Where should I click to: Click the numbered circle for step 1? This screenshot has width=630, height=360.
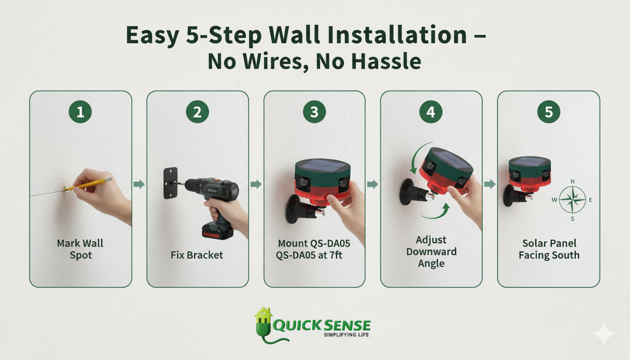coord(80,112)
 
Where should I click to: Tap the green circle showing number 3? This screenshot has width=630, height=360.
coord(314,112)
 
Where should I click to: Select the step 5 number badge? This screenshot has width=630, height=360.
coord(548,112)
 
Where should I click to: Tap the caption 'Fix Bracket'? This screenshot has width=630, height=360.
coord(197,255)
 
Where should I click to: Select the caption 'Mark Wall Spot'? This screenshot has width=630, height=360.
coord(80,249)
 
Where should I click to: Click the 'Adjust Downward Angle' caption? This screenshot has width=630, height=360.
coord(431,252)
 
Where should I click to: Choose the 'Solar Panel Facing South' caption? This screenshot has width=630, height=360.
coord(548,249)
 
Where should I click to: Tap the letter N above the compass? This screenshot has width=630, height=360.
coord(572,181)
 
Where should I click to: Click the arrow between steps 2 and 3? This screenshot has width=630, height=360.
coord(256,184)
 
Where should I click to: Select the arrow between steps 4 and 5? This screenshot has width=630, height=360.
coord(490,184)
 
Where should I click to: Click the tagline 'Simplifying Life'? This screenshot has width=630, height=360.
coord(346,335)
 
